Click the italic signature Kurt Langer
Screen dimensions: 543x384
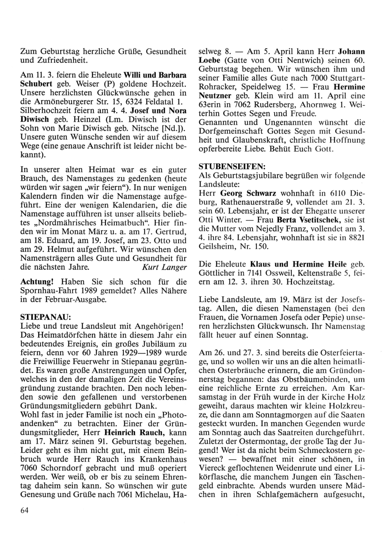point(164,267)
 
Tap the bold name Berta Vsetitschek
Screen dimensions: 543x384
point(307,220)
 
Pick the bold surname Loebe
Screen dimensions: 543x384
point(209,60)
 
